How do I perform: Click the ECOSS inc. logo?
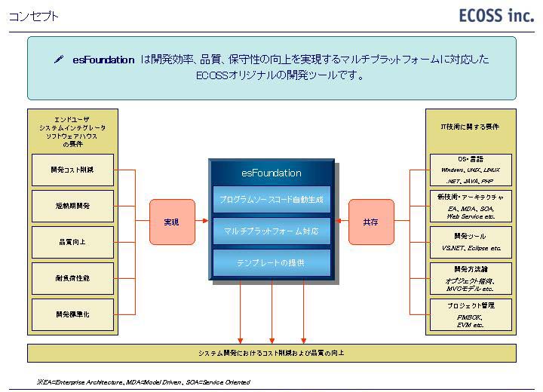(x=495, y=16)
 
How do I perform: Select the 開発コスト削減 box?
(x=72, y=170)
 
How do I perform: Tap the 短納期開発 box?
(x=72, y=206)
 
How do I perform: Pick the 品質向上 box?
(x=72, y=242)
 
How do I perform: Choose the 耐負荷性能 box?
(x=72, y=278)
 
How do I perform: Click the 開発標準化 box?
(x=72, y=314)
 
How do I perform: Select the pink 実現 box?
(x=172, y=222)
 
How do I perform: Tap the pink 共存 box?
(x=371, y=222)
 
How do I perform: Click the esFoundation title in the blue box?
(x=271, y=173)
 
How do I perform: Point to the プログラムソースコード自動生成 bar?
(x=271, y=200)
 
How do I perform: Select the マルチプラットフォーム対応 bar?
(x=271, y=231)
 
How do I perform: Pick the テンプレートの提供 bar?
(x=271, y=262)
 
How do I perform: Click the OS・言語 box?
(x=471, y=170)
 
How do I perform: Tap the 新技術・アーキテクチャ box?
(x=471, y=206)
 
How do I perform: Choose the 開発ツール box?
(x=471, y=242)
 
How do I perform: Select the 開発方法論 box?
(x=471, y=278)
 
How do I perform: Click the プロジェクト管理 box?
(x=471, y=314)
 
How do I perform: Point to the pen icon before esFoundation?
(x=59, y=60)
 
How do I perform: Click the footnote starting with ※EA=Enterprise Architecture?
(x=143, y=382)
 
